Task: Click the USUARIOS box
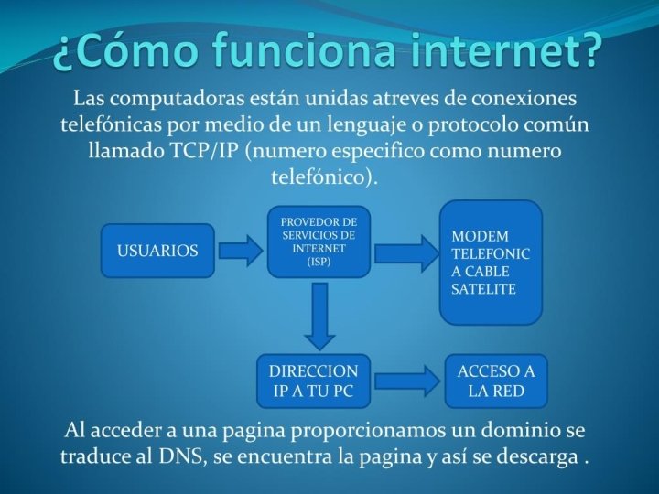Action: pyautogui.click(x=157, y=250)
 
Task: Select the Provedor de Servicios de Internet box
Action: pyautogui.click(x=319, y=241)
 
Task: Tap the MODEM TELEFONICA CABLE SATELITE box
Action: pyautogui.click(x=492, y=263)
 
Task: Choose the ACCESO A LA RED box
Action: pyautogui.click(x=496, y=381)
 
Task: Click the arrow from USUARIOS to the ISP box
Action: pyautogui.click(x=240, y=250)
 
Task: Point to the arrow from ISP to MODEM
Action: pyautogui.click(x=405, y=250)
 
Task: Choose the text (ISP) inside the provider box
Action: pyautogui.click(x=319, y=262)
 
